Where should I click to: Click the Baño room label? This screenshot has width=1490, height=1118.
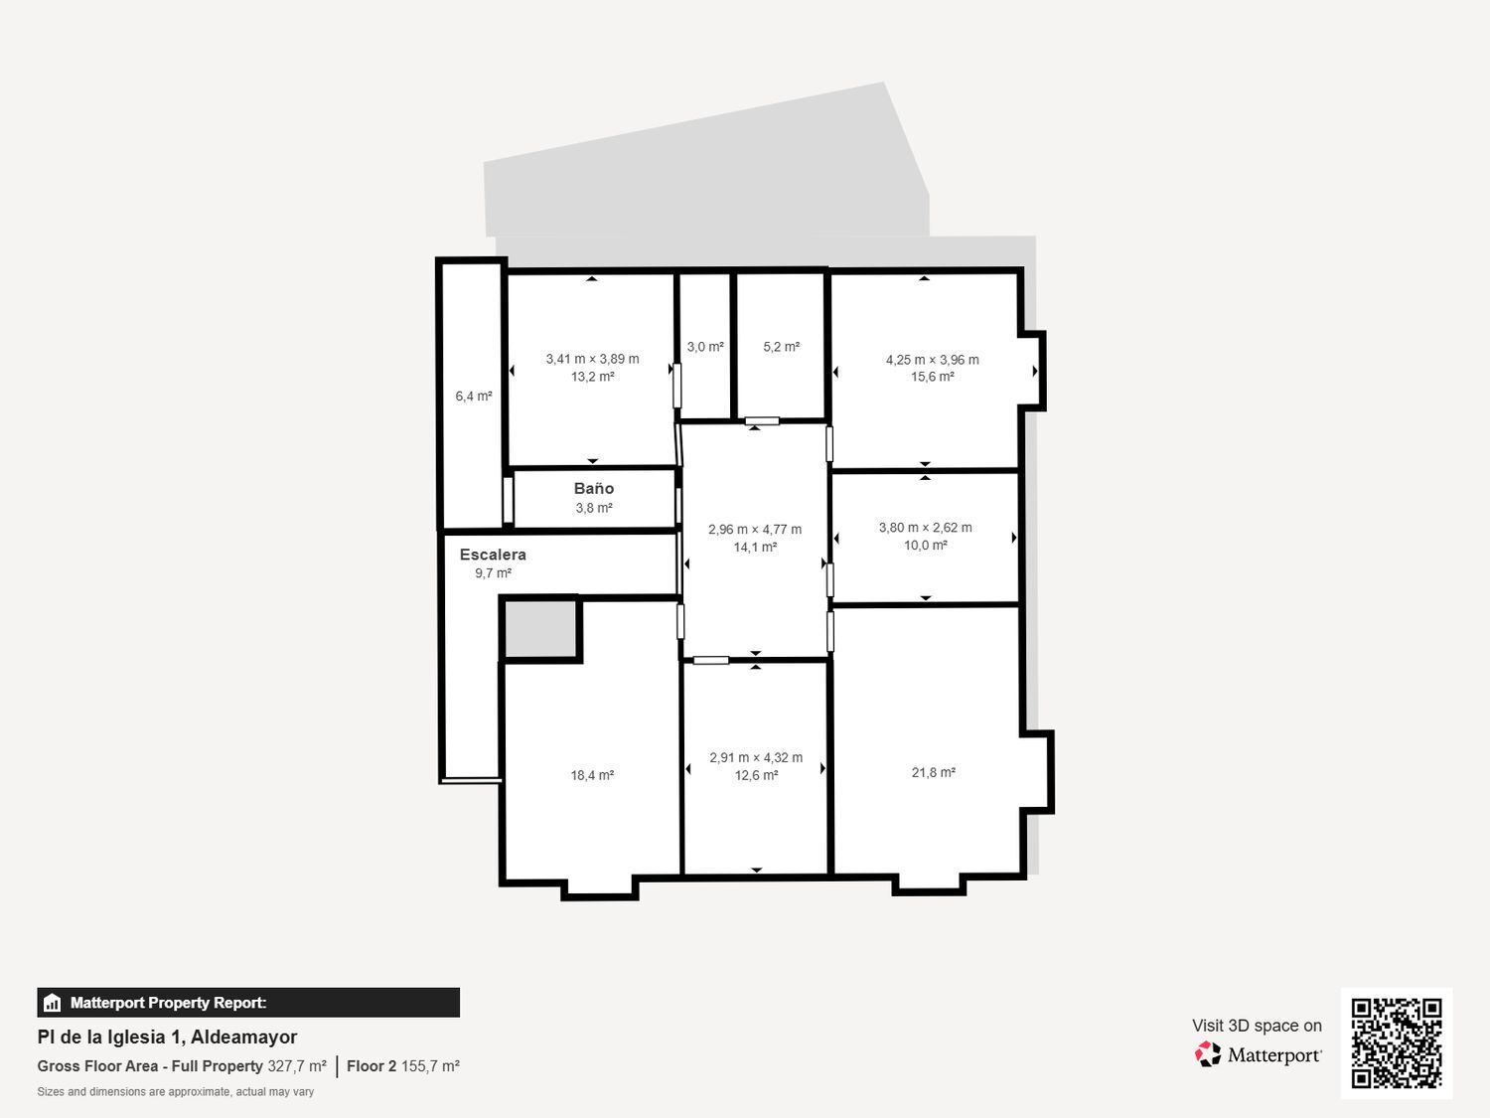tap(594, 488)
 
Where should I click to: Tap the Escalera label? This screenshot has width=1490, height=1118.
tap(493, 555)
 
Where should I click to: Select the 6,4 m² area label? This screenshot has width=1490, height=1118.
tap(474, 396)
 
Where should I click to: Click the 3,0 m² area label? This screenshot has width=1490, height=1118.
tap(705, 347)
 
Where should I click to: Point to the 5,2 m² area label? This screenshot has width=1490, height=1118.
tap(782, 347)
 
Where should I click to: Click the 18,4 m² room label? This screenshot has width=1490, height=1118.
tap(592, 775)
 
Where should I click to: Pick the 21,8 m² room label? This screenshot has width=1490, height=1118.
tap(934, 772)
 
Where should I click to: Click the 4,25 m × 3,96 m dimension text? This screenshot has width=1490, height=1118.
tap(932, 360)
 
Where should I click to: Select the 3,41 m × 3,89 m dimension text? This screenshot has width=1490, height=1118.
tap(593, 359)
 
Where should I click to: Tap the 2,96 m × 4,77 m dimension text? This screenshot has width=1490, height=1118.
tap(755, 530)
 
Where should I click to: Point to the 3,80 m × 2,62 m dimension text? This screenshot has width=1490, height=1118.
tap(925, 528)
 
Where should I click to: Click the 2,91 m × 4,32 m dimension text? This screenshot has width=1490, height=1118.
tap(756, 757)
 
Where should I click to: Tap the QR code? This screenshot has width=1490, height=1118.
tap(1397, 1043)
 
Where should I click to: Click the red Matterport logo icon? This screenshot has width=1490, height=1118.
tap(1208, 1054)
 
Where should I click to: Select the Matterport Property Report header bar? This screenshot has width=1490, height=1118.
tap(248, 1003)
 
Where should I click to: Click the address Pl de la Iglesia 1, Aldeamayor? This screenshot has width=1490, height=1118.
tap(167, 1038)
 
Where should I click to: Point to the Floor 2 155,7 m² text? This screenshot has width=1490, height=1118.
tap(403, 1066)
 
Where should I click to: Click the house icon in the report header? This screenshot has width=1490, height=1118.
tap(53, 1003)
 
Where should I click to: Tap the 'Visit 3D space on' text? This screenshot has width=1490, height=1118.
tap(1258, 1026)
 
